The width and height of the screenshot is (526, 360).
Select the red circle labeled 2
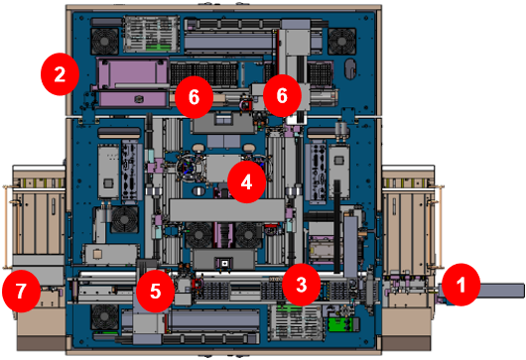(x=60, y=73)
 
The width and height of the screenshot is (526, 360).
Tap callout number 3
(x=300, y=284)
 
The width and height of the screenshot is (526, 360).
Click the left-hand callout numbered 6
(x=194, y=97)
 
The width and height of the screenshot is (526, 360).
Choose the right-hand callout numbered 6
(x=282, y=96)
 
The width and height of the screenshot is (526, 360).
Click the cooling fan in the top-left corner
(x=104, y=40)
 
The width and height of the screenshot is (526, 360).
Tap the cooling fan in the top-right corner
(x=341, y=40)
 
